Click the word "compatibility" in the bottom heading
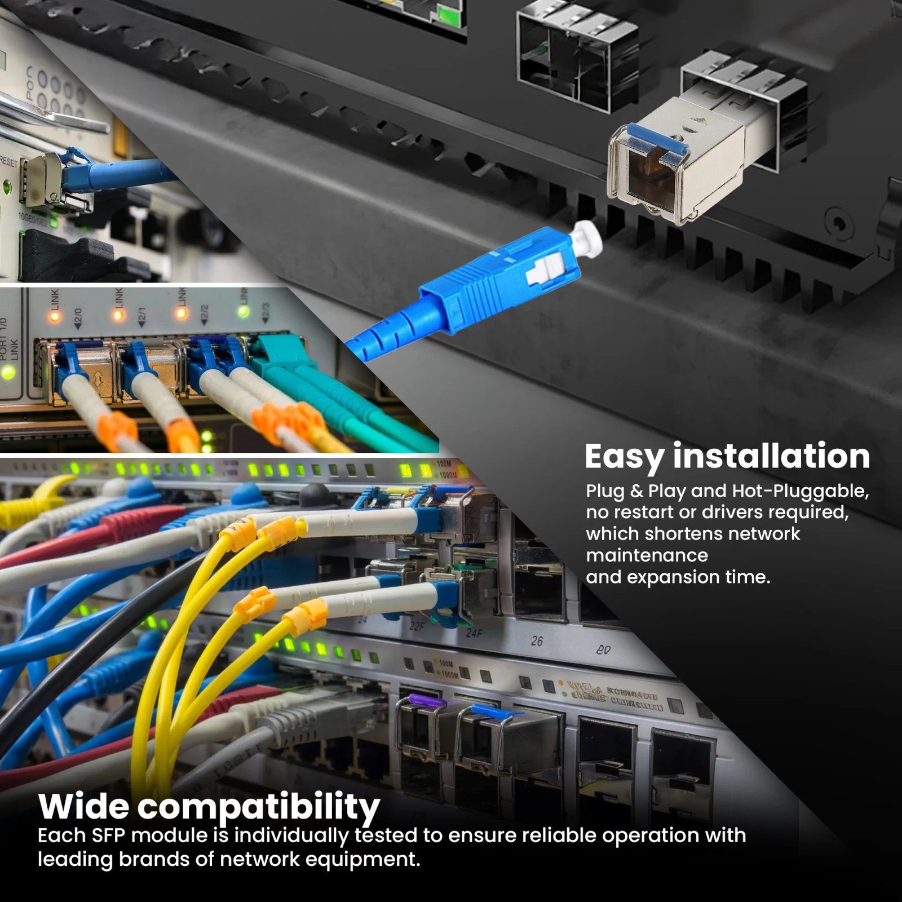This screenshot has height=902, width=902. (259, 807)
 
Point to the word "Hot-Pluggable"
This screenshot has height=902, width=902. (800, 491)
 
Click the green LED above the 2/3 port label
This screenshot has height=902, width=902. (244, 312)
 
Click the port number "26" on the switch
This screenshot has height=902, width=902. (537, 641)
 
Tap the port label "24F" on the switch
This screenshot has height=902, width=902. (474, 633)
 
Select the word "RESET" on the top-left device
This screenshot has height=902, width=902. (9, 162)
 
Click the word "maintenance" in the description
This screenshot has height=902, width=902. (647, 555)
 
